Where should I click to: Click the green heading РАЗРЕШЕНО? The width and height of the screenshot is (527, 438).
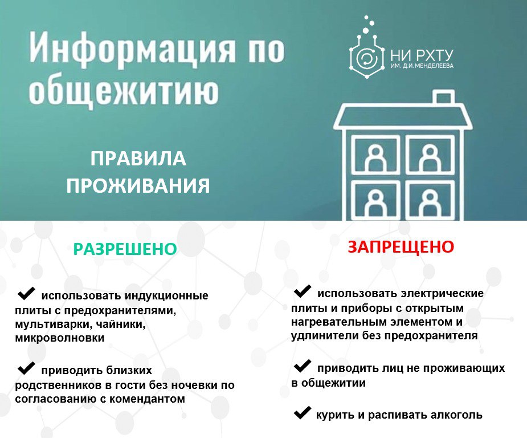click(125, 249)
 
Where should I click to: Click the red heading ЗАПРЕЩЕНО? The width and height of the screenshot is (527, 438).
click(401, 247)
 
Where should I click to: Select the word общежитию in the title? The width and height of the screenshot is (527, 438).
click(124, 91)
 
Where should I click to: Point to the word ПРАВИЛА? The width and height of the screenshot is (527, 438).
click(138, 159)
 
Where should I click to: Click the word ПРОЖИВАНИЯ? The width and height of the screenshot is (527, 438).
click(138, 186)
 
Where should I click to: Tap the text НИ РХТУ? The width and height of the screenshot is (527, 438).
click(422, 55)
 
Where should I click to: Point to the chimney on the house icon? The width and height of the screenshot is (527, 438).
click(443, 97)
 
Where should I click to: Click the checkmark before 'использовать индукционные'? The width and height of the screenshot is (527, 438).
click(26, 293)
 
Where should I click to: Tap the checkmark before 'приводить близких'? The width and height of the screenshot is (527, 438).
click(26, 368)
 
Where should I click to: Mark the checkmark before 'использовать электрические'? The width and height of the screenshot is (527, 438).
click(302, 291)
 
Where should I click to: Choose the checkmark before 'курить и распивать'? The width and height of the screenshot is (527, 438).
click(302, 412)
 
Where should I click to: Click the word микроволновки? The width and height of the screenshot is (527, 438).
click(60, 338)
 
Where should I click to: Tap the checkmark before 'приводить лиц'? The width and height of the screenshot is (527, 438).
click(302, 366)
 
